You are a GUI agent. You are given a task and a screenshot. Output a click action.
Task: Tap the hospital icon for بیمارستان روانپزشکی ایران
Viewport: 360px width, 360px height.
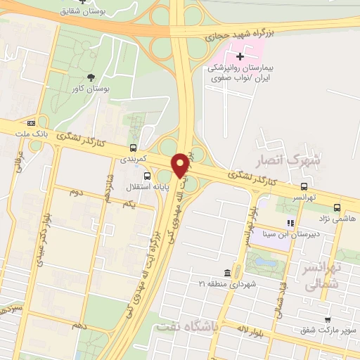coord(240,55)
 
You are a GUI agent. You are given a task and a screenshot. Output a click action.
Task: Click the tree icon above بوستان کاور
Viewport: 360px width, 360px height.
coord(89,77)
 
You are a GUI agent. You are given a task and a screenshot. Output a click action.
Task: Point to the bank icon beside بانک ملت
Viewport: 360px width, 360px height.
coord(30,123)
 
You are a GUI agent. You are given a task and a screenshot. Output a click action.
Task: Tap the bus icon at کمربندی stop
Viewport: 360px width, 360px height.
coord(133,148)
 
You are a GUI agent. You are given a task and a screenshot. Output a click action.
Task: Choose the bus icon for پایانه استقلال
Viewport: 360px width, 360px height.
coord(146,176)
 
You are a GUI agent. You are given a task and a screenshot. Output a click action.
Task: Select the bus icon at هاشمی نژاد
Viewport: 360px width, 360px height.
coord(337,207)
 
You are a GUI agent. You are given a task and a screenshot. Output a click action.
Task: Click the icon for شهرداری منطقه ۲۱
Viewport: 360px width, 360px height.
coord(226,273)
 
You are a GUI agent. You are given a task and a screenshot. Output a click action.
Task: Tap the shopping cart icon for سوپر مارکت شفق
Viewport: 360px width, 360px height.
coord(328,320)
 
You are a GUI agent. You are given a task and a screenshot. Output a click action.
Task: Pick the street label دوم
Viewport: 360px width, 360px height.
coord(77,191)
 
